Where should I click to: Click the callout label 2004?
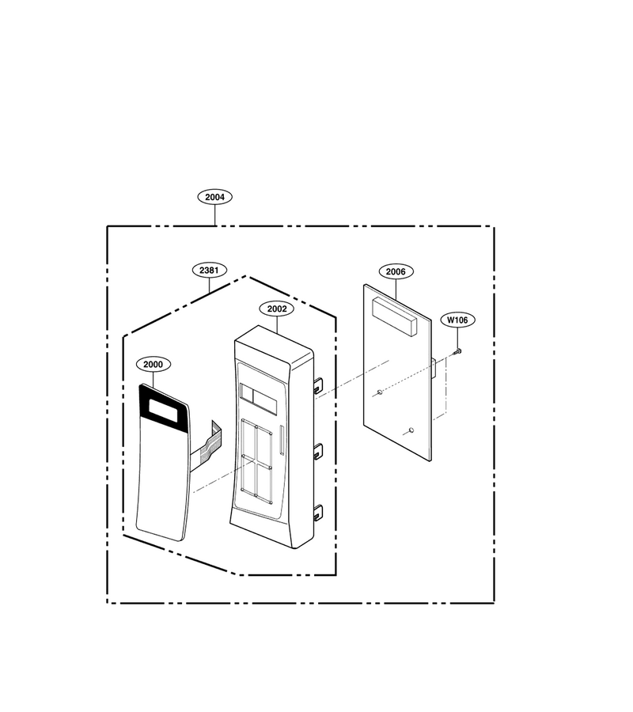pyautogui.click(x=214, y=197)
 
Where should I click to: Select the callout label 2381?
pyautogui.click(x=210, y=271)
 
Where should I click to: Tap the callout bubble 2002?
pyautogui.click(x=277, y=309)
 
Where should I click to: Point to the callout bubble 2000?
pyautogui.click(x=153, y=364)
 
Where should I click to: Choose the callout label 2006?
pyautogui.click(x=396, y=271)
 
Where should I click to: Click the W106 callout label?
pyautogui.click(x=457, y=320)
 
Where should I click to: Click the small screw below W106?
pyautogui.click(x=457, y=351)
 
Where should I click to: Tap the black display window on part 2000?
pyautogui.click(x=164, y=408)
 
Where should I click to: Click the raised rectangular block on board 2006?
pyautogui.click(x=394, y=316)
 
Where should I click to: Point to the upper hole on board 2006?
pyautogui.click(x=380, y=392)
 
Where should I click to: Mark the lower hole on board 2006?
pyautogui.click(x=411, y=430)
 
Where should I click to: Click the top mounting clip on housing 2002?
pyautogui.click(x=317, y=385)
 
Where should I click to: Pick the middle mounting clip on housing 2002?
pyautogui.click(x=317, y=451)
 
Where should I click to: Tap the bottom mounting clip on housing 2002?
pyautogui.click(x=317, y=512)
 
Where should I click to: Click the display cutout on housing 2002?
pyautogui.click(x=257, y=398)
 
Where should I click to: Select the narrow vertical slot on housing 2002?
pyautogui.click(x=282, y=440)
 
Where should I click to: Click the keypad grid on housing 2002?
pyautogui.click(x=256, y=461)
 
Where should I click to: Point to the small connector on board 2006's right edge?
pyautogui.click(x=434, y=368)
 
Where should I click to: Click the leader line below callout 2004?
pyautogui.click(x=214, y=214)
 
